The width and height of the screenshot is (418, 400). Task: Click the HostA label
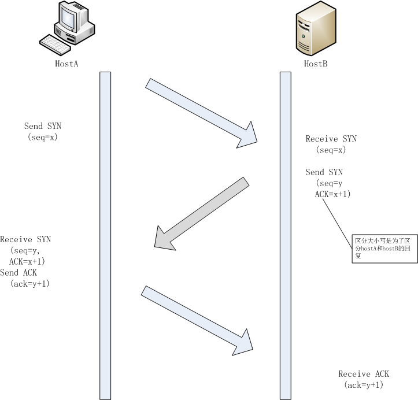click(x=66, y=64)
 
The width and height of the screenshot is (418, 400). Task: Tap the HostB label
click(x=316, y=64)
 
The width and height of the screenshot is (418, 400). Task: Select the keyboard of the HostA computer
click(x=56, y=43)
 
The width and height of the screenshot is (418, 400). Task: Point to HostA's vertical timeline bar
click(x=105, y=231)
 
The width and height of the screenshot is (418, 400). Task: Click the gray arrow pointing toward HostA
click(x=202, y=213)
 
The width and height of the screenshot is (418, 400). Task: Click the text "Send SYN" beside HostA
click(x=43, y=126)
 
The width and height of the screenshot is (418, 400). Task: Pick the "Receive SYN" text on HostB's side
click(x=331, y=139)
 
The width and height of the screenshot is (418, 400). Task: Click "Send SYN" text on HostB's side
click(x=324, y=172)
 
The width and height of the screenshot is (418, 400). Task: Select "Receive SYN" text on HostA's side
click(x=26, y=239)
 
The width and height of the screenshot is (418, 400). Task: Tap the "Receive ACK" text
click(x=364, y=374)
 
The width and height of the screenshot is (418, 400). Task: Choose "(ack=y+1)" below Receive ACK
click(x=364, y=385)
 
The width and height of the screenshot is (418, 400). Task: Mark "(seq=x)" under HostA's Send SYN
click(x=42, y=137)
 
